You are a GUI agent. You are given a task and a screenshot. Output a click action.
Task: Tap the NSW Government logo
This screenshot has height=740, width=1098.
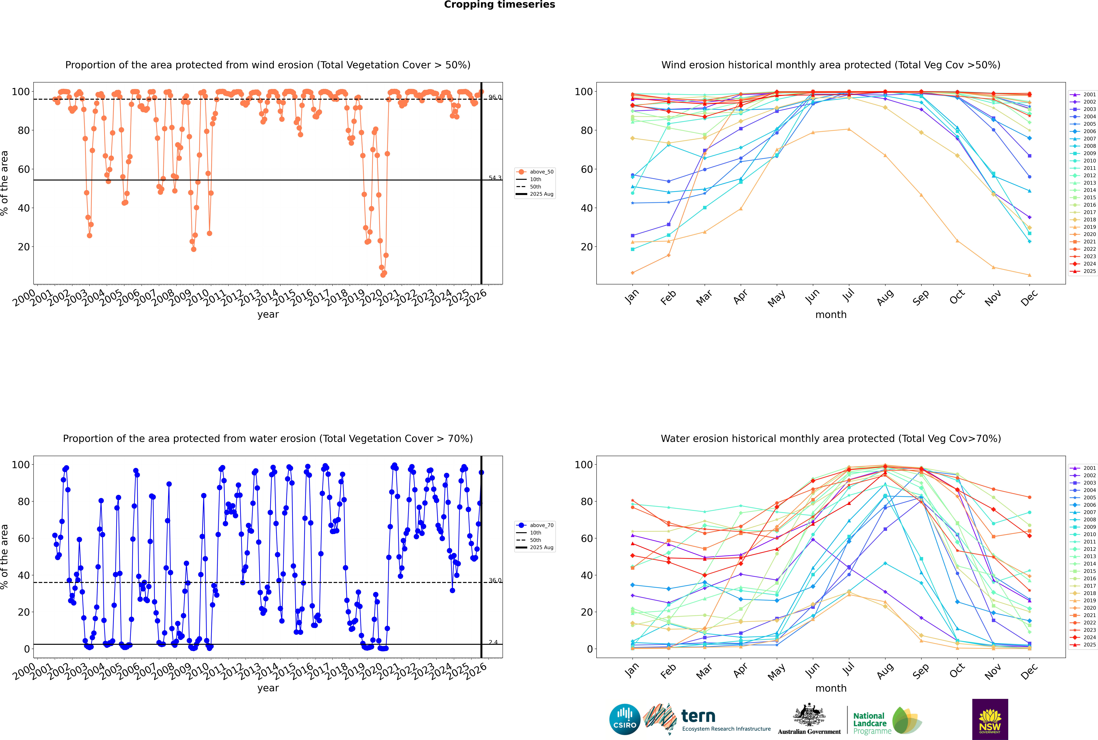pos(990,719)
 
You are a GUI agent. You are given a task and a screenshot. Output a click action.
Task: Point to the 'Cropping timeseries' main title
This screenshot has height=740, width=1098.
pos(499,5)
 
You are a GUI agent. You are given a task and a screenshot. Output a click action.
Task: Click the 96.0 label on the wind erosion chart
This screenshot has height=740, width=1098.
pos(495,97)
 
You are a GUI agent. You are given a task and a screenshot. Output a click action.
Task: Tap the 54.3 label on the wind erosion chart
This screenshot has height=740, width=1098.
pos(495,178)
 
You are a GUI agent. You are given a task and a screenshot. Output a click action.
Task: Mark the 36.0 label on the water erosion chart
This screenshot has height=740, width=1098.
pos(495,580)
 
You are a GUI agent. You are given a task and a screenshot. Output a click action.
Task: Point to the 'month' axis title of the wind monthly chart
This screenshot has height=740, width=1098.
pos(831,315)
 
